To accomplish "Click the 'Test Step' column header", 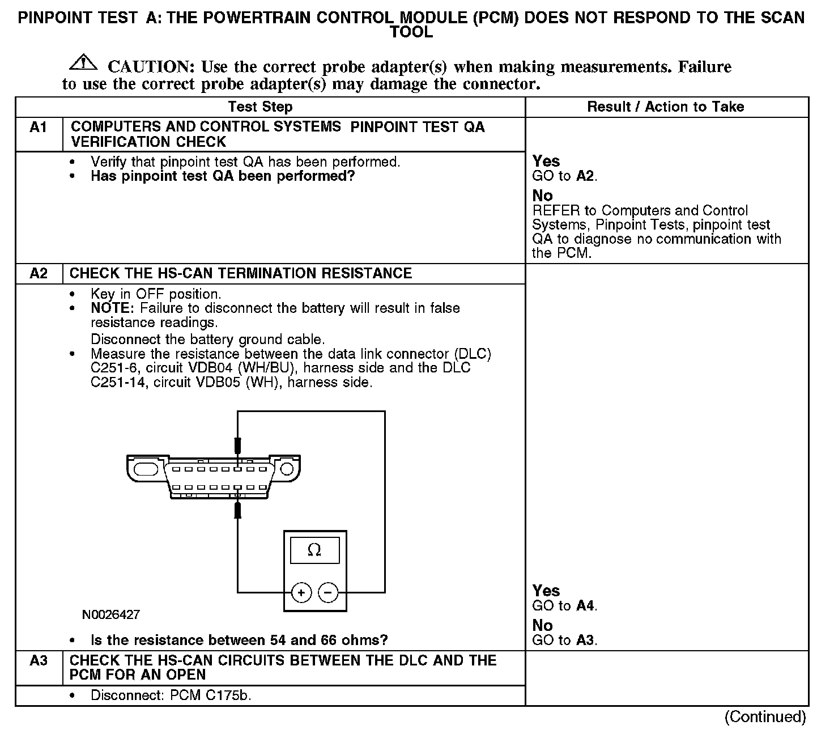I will [260, 107].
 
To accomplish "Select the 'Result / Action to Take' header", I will [665, 107].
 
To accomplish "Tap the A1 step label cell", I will [39, 128].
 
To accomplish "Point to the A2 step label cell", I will [39, 274].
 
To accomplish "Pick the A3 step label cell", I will [39, 661].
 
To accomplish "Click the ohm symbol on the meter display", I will [314, 550].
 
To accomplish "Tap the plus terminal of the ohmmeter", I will [301, 593].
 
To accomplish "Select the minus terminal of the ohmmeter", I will [328, 593].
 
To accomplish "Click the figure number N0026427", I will [111, 614].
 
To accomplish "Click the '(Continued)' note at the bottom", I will [765, 717].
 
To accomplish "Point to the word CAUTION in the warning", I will [151, 67].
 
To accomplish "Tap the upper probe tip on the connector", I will [238, 445].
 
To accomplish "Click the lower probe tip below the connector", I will [238, 510].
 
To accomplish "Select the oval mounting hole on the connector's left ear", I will [146, 469].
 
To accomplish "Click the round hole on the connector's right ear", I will [287, 469].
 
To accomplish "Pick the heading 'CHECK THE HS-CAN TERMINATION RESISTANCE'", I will [241, 274].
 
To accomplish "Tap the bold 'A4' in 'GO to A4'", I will [585, 606].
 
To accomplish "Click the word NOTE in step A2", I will [112, 308].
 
